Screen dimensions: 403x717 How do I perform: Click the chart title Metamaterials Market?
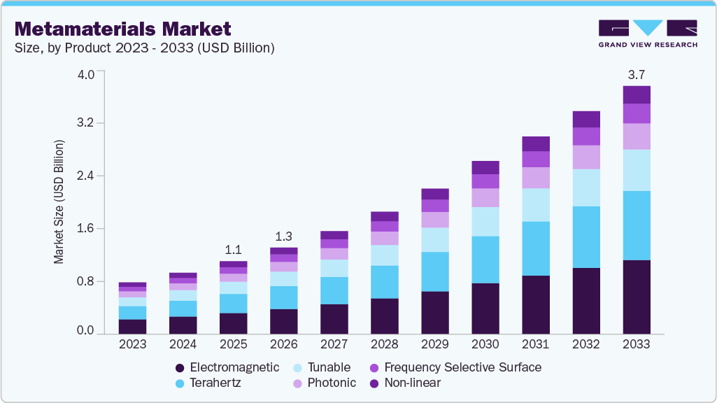[x=122, y=29]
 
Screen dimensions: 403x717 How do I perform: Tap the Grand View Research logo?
[x=648, y=33]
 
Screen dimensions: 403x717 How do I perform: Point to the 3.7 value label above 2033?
[x=637, y=74]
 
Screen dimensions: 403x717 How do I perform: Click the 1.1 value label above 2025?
[x=234, y=250]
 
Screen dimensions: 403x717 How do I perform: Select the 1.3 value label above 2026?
[x=284, y=236]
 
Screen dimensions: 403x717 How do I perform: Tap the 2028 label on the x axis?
[x=385, y=344]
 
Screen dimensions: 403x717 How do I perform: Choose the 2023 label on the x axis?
[x=132, y=344]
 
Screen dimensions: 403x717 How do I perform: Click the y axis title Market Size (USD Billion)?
[x=59, y=202]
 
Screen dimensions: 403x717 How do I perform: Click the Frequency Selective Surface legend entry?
[x=455, y=367]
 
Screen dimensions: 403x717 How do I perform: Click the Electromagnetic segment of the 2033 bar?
[x=637, y=297]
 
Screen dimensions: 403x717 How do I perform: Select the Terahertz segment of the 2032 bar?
[x=586, y=237]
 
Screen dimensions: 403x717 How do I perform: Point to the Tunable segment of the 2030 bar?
[x=485, y=221]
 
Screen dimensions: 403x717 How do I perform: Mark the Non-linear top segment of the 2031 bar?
[x=536, y=143]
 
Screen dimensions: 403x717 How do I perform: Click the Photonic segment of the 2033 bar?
[x=637, y=136]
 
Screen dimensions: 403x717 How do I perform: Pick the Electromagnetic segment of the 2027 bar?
[x=334, y=318]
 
